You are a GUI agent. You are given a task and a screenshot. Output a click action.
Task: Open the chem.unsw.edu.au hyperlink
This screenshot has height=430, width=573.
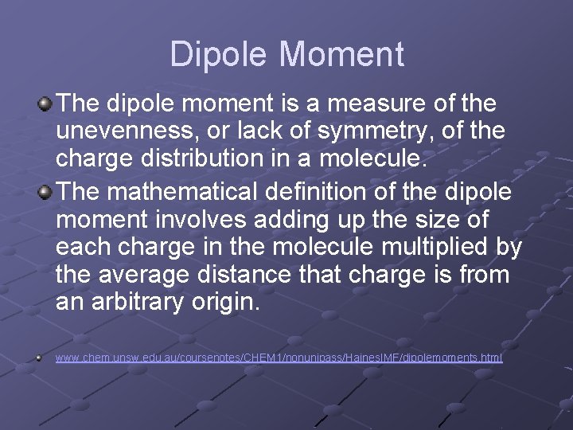[279, 358]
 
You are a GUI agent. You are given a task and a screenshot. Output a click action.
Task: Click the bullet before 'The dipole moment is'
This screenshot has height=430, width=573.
[45, 104]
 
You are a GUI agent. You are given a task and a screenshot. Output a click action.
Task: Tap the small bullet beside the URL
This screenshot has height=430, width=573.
[38, 358]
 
